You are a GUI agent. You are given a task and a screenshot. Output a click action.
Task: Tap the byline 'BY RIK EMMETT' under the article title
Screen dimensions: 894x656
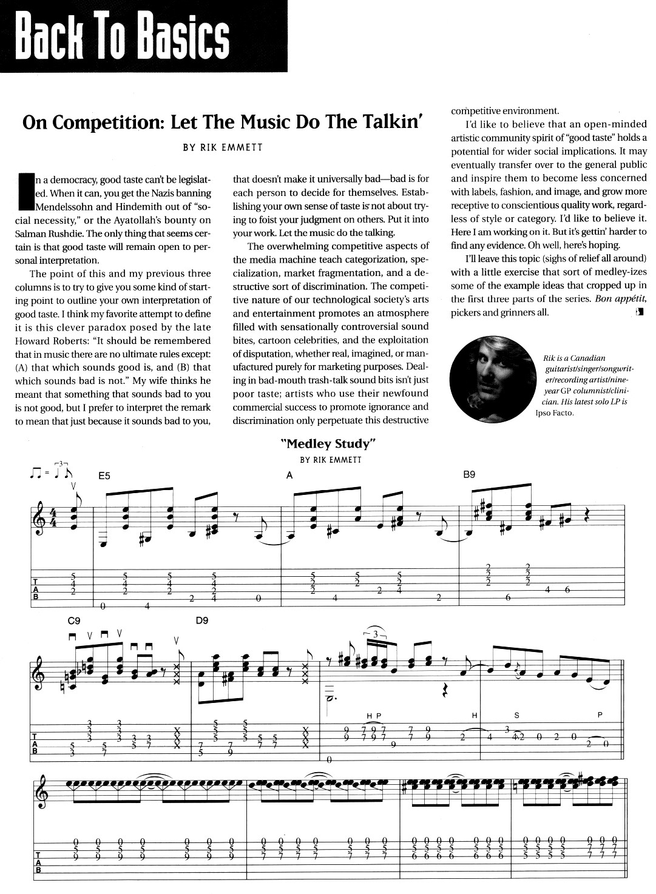pos(223,147)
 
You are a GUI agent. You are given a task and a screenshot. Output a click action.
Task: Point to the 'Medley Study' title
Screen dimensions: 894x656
pos(330,444)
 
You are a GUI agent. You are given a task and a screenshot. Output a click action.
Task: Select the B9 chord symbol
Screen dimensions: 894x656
pos(469,476)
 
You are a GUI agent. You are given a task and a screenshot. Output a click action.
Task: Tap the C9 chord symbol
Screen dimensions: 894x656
pos(75,621)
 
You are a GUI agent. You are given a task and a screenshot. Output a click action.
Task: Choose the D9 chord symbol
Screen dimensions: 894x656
pos(203,621)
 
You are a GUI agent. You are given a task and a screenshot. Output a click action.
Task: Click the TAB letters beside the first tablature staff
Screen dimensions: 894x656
pos(35,588)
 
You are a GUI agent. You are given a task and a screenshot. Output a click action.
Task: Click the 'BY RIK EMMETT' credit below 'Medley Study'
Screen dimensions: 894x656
pos(330,459)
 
